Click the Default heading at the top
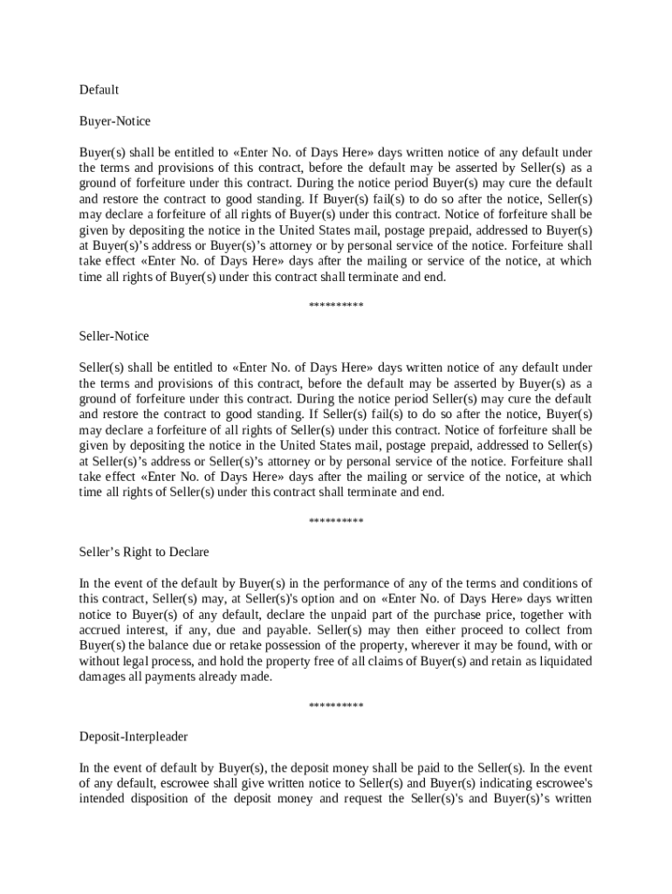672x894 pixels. [x=99, y=90]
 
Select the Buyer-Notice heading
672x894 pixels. [x=114, y=121]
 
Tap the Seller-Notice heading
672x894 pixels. [x=114, y=336]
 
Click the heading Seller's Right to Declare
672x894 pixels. [x=144, y=553]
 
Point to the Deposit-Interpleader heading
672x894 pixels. [x=134, y=737]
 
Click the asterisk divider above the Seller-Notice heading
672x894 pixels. [x=336, y=306]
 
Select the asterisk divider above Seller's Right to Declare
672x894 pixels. [x=336, y=522]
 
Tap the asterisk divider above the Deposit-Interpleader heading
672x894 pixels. [x=336, y=706]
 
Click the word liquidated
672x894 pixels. [x=563, y=661]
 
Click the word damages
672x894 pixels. [x=105, y=677]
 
